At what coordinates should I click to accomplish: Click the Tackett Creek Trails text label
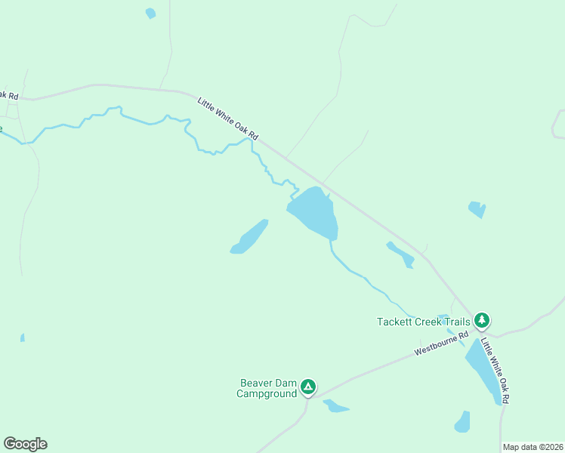coord(423,322)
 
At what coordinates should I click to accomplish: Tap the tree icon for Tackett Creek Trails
coord(482,321)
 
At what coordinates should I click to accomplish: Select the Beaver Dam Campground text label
coord(267,388)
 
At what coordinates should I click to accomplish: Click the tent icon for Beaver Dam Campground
coord(308,387)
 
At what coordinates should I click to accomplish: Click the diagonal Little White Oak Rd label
coord(228,119)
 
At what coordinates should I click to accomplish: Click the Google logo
coord(25,444)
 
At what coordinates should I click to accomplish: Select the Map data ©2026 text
coord(533,447)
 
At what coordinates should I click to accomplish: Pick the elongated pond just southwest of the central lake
coord(250,237)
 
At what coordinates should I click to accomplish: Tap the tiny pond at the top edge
coord(150,13)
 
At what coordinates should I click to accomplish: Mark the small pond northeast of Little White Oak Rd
coord(477,208)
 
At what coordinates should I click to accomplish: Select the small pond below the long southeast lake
coord(462,422)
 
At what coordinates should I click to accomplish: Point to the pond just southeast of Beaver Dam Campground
coord(335,407)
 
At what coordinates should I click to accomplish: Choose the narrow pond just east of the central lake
coord(400,254)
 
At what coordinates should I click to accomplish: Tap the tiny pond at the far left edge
coord(23,337)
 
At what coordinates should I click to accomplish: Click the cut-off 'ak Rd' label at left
coord(8,94)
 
